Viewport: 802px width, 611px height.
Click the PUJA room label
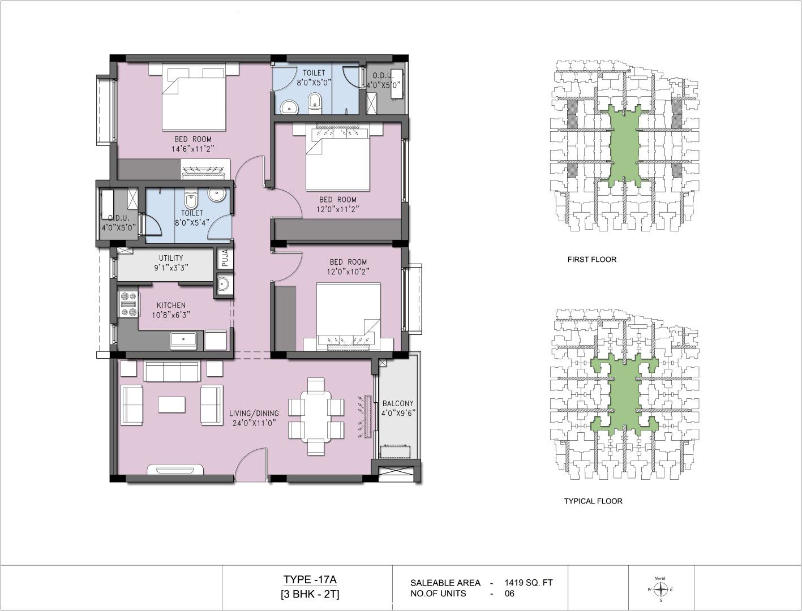tap(225, 258)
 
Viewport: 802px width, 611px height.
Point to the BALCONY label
tap(398, 403)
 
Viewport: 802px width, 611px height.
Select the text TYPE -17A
tap(310, 579)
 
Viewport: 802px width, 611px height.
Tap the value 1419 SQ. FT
tap(528, 583)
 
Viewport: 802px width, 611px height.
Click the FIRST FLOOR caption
tap(591, 260)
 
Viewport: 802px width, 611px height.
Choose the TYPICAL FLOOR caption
tap(593, 501)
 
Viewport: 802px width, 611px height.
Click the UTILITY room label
tap(171, 258)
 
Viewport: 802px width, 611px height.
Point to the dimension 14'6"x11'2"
tap(192, 149)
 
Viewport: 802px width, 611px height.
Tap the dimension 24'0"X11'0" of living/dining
tap(254, 423)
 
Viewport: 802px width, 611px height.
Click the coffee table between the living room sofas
tap(171, 405)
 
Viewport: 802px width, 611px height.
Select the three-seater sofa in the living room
tap(172, 372)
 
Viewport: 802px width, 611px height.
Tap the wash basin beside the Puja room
tap(223, 283)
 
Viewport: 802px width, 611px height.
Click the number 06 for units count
tap(509, 593)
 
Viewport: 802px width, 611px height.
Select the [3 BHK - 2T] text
tap(310, 595)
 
